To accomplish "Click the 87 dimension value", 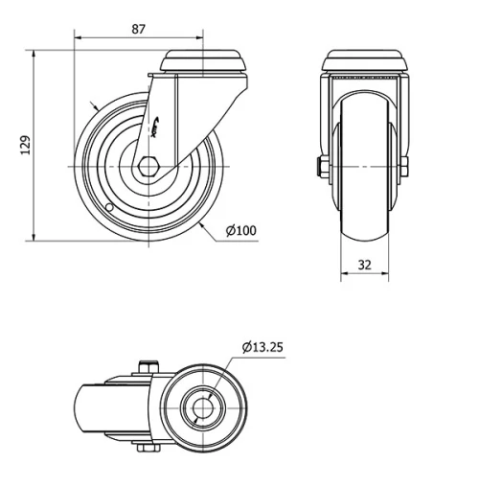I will tap(138, 29).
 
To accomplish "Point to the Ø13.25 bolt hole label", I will tap(262, 347).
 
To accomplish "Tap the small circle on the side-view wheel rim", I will tap(111, 207).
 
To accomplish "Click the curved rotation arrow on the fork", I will tap(157, 123).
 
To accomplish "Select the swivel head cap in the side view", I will tap(206, 63).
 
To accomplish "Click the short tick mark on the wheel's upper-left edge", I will tap(93, 105).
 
